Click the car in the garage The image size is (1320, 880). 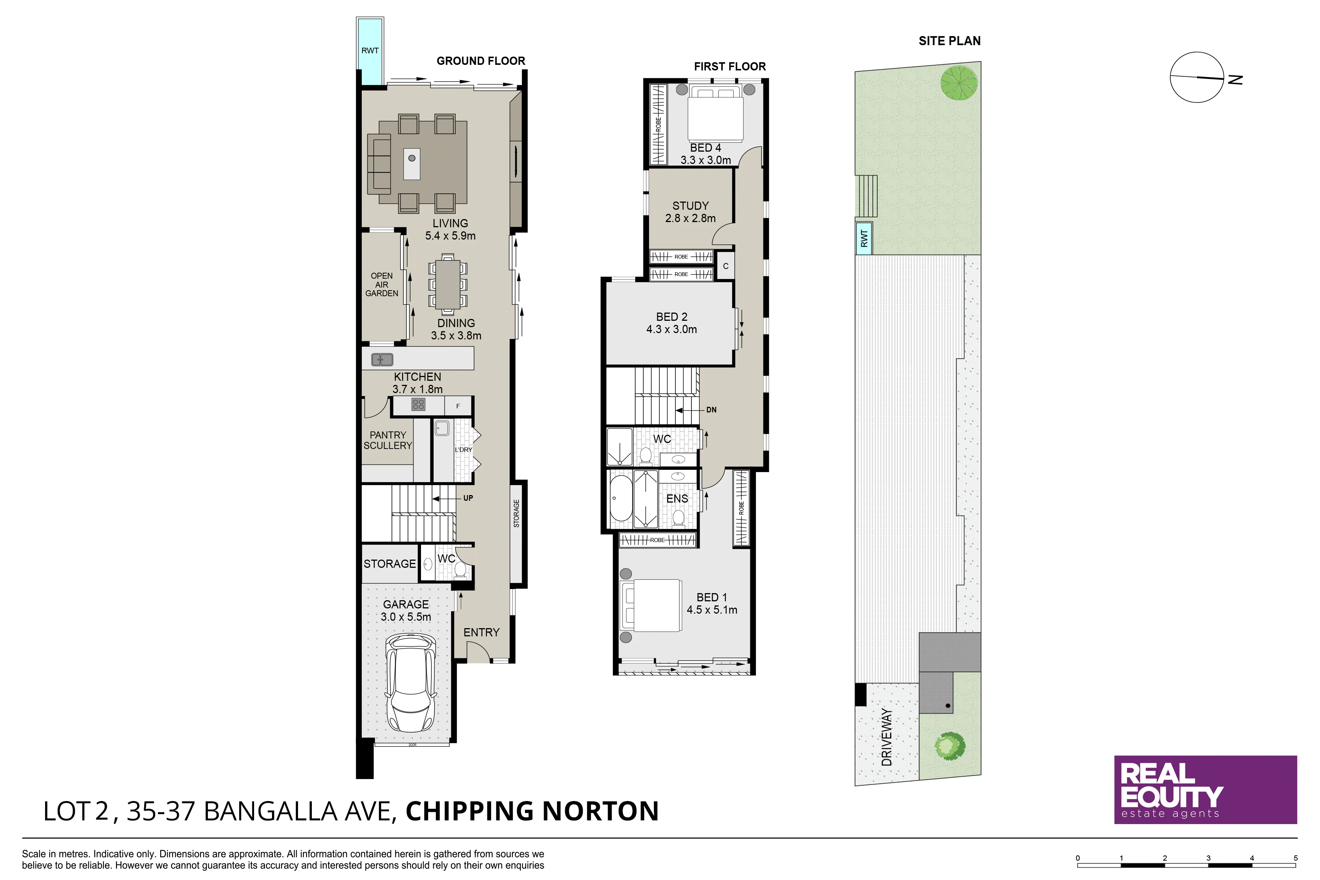(x=410, y=683)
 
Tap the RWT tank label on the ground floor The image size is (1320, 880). (x=370, y=51)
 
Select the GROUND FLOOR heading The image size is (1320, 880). (x=481, y=61)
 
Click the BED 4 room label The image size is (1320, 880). (x=706, y=148)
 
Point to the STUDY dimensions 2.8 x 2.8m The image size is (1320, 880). (x=690, y=218)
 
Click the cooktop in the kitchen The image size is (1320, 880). (x=418, y=404)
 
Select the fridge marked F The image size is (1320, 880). (x=459, y=406)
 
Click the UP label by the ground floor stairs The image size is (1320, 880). (x=468, y=498)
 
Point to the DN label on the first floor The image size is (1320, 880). (x=711, y=410)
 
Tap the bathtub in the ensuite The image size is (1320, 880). (x=620, y=499)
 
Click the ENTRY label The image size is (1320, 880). (x=481, y=633)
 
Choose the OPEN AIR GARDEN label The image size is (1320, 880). (x=382, y=285)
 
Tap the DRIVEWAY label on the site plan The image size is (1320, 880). (x=886, y=737)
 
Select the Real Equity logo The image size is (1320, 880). (x=1206, y=789)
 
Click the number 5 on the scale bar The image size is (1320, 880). (x=1296, y=858)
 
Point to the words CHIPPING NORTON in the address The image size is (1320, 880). (x=532, y=811)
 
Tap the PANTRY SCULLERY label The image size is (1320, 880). (x=388, y=440)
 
